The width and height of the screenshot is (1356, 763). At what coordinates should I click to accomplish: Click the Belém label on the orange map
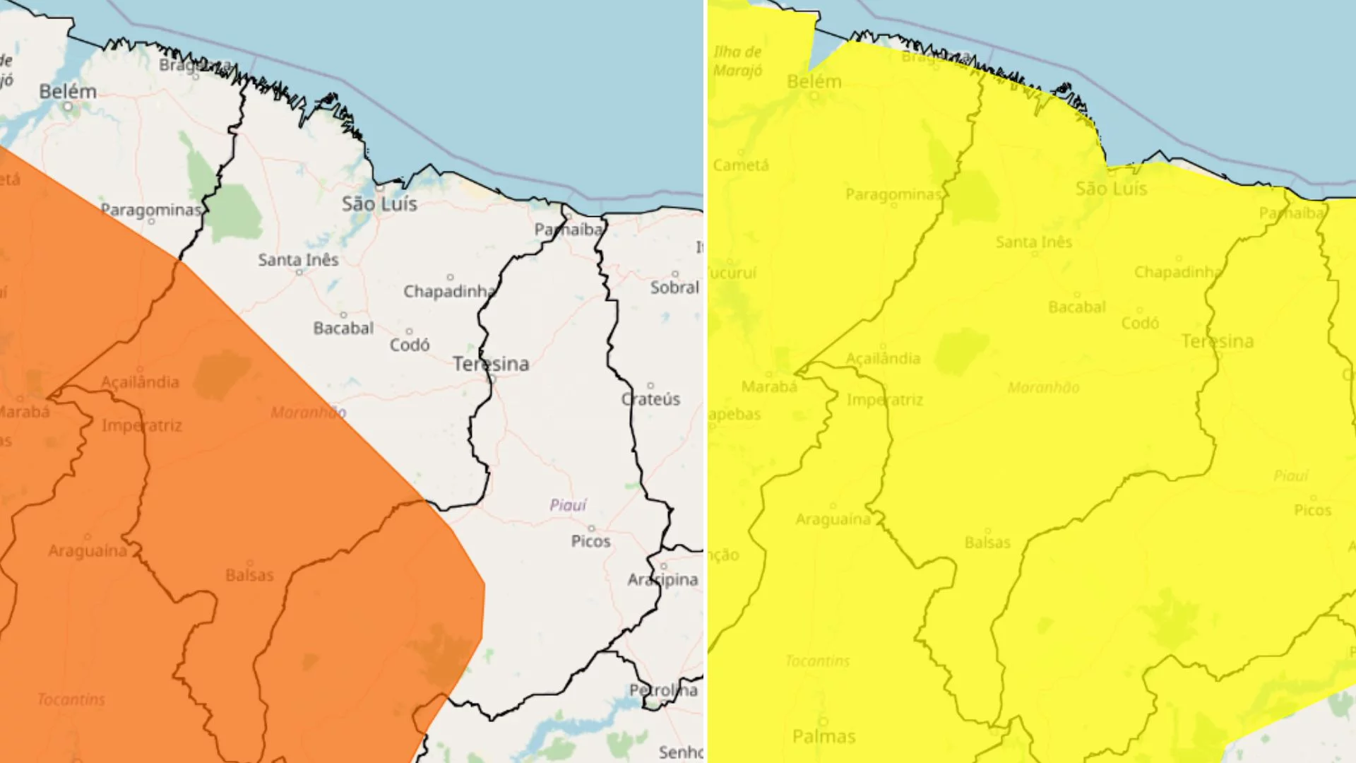68,92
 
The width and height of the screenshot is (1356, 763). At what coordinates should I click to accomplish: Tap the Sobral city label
674,288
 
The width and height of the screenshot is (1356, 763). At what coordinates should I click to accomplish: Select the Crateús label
650,399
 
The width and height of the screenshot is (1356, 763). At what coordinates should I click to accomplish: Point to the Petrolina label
663,690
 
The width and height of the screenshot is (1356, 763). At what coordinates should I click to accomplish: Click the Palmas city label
823,737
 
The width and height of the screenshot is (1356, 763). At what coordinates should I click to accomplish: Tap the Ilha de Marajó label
737,61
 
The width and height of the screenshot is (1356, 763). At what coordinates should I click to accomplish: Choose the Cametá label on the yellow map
741,165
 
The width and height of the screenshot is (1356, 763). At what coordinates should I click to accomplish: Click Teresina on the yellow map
1218,342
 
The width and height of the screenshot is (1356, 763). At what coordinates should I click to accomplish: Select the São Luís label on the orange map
379,204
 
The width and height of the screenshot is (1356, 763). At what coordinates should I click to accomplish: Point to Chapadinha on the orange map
449,291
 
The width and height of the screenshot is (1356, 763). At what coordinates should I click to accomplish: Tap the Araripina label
662,580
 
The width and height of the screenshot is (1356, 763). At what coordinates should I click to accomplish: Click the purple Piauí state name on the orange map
568,505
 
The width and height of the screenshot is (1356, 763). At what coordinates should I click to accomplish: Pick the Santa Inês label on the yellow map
1034,242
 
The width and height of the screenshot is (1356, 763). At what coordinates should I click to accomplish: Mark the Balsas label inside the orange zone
249,575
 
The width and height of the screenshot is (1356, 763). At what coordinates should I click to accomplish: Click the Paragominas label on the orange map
150,210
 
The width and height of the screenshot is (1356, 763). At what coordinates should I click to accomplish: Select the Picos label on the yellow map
1312,510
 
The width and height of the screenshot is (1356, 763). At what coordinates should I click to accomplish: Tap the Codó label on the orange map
410,345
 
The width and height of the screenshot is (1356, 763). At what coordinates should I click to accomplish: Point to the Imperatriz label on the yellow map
885,400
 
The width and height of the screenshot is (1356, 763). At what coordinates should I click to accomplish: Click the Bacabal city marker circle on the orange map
344,315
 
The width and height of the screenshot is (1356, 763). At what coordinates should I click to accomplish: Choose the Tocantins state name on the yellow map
817,661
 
